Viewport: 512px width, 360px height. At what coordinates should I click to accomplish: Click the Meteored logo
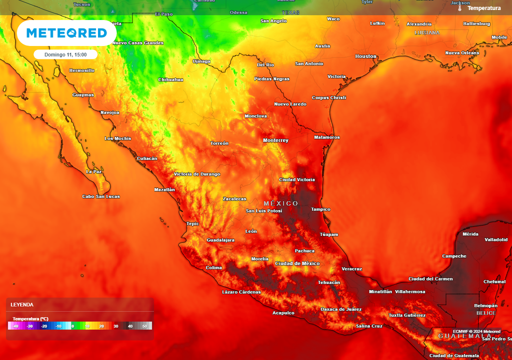[66, 33]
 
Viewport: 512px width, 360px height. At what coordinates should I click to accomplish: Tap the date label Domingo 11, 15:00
[65, 54]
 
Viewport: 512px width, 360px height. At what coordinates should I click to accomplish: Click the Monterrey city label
[275, 140]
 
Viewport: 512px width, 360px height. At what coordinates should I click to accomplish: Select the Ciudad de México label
[297, 263]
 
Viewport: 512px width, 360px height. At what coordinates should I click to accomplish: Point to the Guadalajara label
[220, 240]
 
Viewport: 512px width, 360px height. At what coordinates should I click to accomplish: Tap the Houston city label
[365, 56]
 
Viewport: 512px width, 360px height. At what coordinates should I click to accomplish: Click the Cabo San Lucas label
[101, 196]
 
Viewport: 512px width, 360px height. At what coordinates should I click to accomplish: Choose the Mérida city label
[470, 234]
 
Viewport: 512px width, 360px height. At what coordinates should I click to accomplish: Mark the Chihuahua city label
[170, 79]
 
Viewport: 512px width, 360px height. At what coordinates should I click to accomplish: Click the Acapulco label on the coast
[283, 313]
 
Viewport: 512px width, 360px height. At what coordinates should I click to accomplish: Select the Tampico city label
[320, 209]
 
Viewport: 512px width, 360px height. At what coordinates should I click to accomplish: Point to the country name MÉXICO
[280, 203]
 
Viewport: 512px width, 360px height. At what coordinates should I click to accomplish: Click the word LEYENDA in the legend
[22, 304]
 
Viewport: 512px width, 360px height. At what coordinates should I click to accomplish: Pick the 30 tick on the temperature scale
[115, 326]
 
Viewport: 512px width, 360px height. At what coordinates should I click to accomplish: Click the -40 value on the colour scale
[15, 326]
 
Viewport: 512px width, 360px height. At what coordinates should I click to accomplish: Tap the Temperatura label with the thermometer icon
[483, 8]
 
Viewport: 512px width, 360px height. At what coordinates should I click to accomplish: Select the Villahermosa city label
[410, 291]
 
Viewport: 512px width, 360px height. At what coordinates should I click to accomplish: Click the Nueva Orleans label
[462, 53]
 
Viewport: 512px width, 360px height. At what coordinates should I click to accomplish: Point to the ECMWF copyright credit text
[476, 331]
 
